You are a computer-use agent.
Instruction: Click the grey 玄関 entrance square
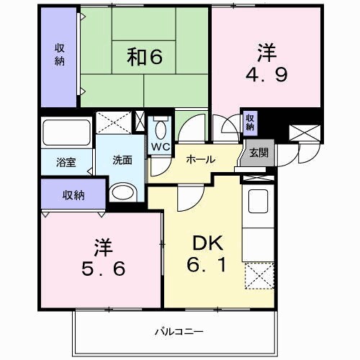tap(258, 153)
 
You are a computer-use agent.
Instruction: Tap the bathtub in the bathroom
tap(66, 133)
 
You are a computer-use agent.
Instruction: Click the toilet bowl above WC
tap(160, 127)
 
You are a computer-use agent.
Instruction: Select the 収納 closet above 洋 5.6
tap(73, 194)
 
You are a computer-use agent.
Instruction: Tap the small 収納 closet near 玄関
tap(249, 122)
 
